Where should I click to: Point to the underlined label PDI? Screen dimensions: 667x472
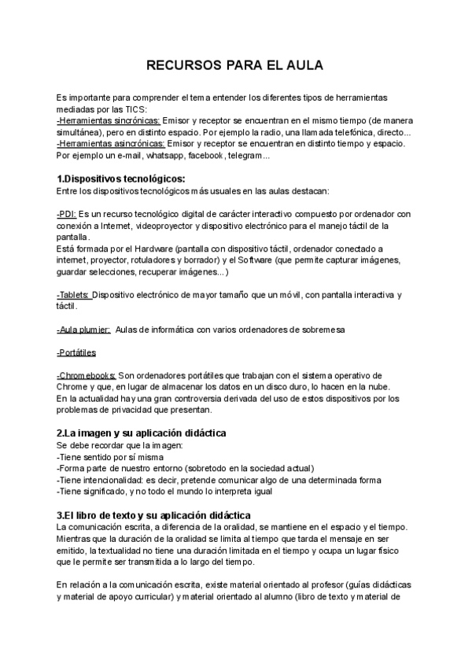67,214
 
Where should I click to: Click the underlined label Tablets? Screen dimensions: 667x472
74,295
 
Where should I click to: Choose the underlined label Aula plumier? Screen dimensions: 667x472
83,330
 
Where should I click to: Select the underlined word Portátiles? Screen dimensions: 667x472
77,352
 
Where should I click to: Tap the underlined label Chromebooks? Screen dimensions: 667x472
87,375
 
